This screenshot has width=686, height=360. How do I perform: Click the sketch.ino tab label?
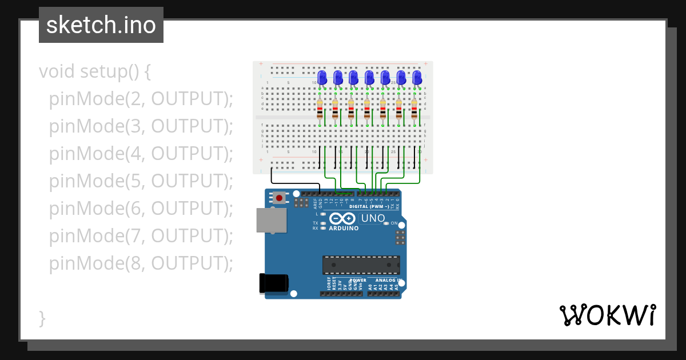[101, 25]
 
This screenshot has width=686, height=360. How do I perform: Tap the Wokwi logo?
[607, 315]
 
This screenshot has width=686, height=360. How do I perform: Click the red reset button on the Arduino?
[279, 198]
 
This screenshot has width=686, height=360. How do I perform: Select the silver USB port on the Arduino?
[271, 220]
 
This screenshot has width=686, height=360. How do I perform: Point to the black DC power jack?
[273, 283]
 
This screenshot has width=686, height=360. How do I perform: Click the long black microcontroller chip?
[361, 265]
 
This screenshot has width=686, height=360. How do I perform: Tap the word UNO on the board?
[373, 218]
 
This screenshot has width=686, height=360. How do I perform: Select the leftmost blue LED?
[322, 77]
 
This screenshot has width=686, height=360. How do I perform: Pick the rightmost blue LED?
[417, 77]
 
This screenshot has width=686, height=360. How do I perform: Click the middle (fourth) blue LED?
[369, 77]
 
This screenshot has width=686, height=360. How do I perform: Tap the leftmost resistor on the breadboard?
[320, 109]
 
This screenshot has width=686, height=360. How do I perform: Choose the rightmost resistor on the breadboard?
[414, 109]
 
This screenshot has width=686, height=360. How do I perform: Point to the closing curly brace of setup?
[42, 318]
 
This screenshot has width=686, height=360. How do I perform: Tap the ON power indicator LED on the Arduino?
[386, 223]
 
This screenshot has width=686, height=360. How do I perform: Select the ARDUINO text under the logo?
[344, 228]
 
